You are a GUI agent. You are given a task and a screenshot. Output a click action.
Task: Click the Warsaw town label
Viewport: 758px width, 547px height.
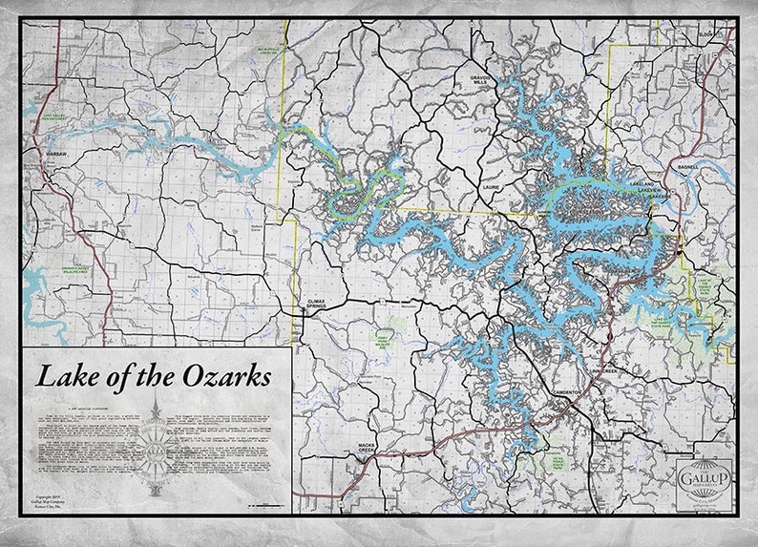46,153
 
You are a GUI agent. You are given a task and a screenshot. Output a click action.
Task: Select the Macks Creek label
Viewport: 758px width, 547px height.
370,447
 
